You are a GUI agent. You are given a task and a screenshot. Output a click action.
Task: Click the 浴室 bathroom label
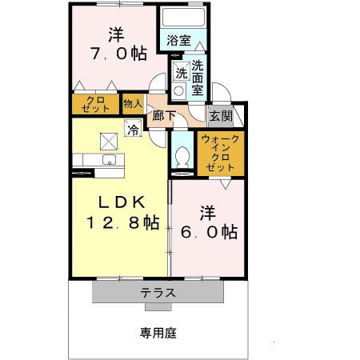(x=178, y=40)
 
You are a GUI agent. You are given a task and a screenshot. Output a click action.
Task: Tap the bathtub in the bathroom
(x=184, y=18)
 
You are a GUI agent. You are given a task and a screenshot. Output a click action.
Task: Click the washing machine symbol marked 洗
(x=181, y=73)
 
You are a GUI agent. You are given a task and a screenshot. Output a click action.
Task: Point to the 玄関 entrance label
(x=220, y=116)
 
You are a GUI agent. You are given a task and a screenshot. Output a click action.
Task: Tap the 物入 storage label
(x=132, y=103)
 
